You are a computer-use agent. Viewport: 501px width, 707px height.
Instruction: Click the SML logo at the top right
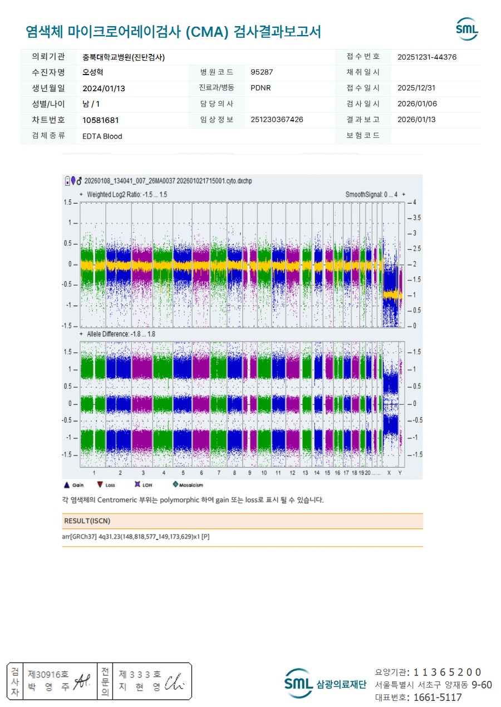point(466,29)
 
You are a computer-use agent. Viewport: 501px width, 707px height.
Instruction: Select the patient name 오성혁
point(92,72)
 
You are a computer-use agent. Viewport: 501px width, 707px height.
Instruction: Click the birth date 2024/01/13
point(104,88)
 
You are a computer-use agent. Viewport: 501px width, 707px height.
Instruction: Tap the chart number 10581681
point(101,120)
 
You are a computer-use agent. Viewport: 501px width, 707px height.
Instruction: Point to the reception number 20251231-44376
point(428,57)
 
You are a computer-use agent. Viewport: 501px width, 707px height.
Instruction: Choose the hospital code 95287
point(262,72)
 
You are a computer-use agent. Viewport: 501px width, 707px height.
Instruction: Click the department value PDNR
point(261,88)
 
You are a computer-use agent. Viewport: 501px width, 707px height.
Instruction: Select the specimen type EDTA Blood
point(102,136)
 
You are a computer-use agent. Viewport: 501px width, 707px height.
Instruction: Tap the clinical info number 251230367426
point(277,120)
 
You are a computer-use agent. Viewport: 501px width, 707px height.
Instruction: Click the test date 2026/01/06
point(417,104)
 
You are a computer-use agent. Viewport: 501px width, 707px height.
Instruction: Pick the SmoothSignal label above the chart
point(372,195)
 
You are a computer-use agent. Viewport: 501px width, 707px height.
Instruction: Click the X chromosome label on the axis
point(389,473)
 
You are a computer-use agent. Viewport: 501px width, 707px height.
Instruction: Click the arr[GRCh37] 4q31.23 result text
point(136,536)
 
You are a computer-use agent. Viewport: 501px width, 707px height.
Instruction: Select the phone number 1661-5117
point(434,697)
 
